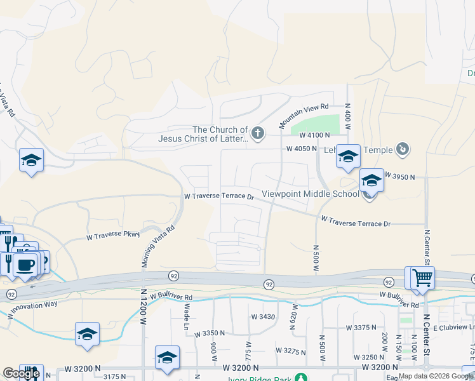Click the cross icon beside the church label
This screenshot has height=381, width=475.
(257, 133)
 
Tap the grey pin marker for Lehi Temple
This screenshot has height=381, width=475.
(402, 150)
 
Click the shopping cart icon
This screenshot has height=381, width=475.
(422, 277)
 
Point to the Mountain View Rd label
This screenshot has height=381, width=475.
(304, 115)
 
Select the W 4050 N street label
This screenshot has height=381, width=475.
(302, 149)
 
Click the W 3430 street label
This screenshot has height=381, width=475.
(263, 316)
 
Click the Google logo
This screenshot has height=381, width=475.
(20, 373)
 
